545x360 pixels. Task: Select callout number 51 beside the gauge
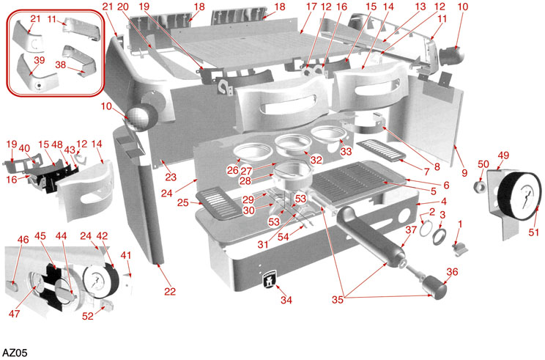(x=533, y=232)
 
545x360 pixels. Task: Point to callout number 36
(x=451, y=272)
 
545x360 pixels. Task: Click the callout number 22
(x=170, y=291)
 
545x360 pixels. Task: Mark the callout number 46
(x=23, y=239)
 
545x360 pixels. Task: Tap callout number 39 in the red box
(x=40, y=60)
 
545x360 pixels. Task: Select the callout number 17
(x=311, y=7)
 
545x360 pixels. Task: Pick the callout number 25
(x=183, y=202)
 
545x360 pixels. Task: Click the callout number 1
(x=460, y=224)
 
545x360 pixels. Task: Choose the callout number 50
(x=483, y=164)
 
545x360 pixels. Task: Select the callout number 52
(x=89, y=316)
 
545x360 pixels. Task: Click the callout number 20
(x=123, y=7)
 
